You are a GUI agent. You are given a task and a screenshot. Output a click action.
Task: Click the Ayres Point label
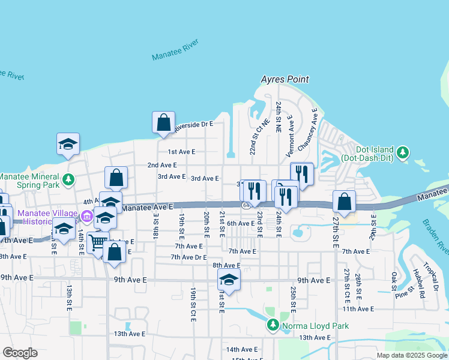point(285,79)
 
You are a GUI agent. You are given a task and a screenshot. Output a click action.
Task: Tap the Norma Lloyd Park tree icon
point(273,325)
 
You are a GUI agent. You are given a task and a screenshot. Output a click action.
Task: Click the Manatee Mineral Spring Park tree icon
point(69,179)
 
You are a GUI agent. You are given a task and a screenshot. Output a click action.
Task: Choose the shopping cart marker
point(98,242)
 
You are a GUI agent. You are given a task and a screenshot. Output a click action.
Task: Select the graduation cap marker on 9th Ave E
point(229,279)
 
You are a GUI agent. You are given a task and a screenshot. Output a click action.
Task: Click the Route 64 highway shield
point(246,206)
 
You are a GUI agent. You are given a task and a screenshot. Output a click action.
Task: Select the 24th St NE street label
point(279,117)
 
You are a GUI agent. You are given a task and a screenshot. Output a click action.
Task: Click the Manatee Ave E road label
point(148,207)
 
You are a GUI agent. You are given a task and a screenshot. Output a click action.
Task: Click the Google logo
point(20,353)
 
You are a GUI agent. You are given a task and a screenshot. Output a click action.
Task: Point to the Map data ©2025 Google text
point(411,355)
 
